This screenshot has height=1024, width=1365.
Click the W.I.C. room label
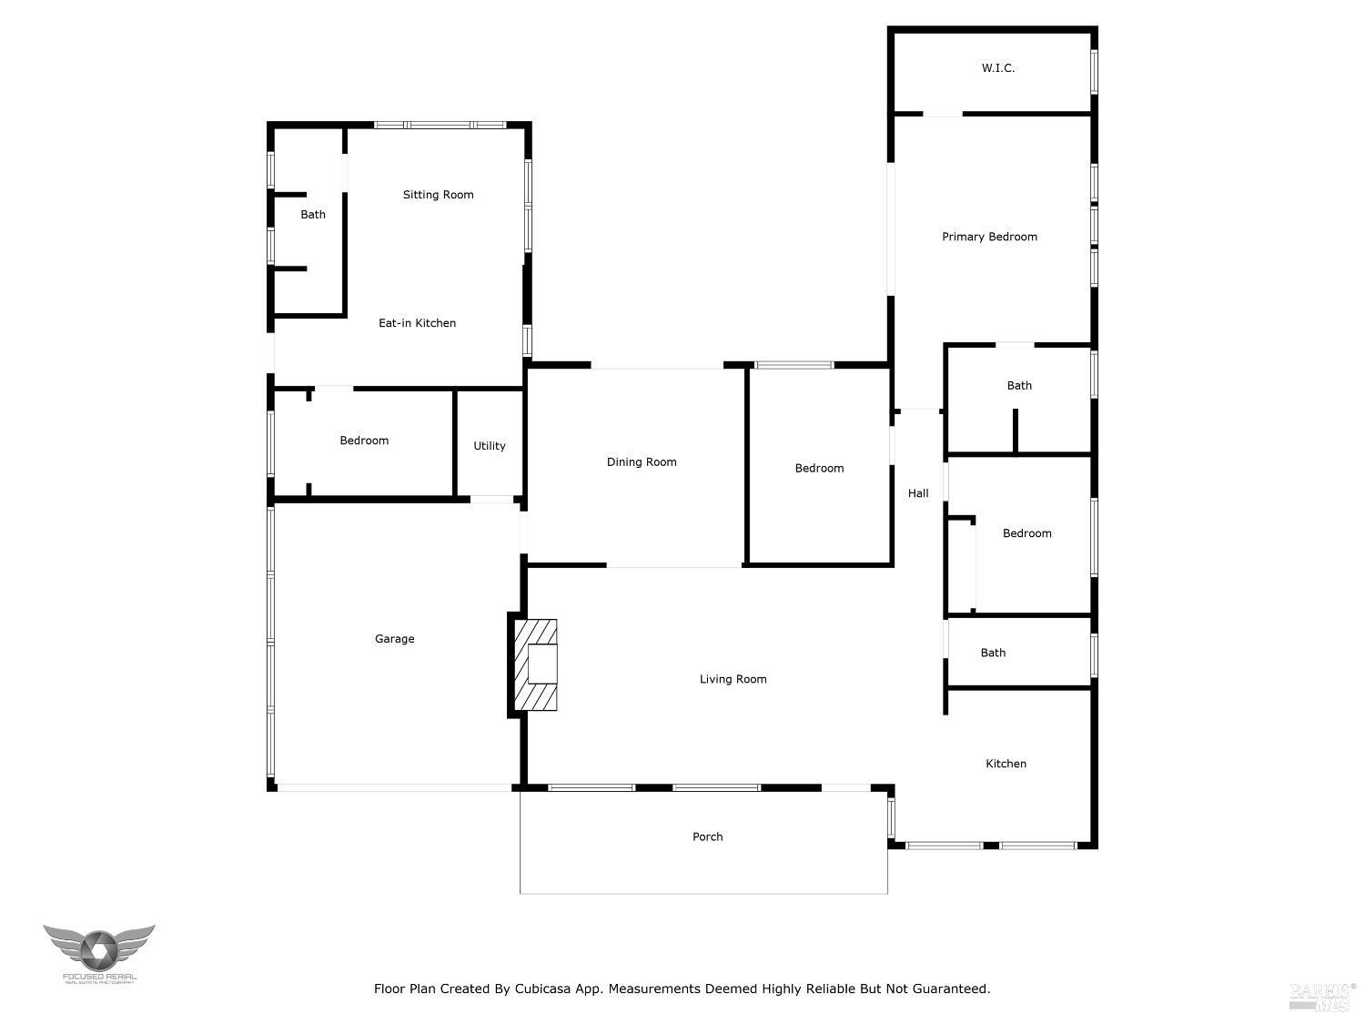[997, 68]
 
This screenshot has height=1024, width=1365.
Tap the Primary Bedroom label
[989, 237]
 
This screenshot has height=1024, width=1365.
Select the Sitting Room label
[438, 195]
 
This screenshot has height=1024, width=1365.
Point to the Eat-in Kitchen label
[417, 323]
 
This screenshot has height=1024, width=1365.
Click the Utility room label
[489, 446]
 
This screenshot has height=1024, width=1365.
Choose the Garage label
[394, 639]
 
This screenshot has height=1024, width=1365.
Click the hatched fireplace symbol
[536, 664]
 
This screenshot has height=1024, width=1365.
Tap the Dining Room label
[642, 462]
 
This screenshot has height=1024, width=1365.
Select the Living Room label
[733, 679]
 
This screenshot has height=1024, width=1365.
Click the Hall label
[918, 493]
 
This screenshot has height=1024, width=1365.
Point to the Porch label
[707, 836]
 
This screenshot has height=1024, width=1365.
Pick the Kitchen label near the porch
[1006, 764]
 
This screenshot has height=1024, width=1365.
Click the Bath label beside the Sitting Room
[313, 215]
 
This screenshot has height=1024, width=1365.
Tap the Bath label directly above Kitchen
[993, 653]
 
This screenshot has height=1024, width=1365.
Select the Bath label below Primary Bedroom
[1019, 386]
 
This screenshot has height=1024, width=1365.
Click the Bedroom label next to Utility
[364, 441]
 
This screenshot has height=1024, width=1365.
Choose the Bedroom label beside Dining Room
[819, 469]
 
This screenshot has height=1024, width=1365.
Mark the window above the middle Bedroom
[794, 365]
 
